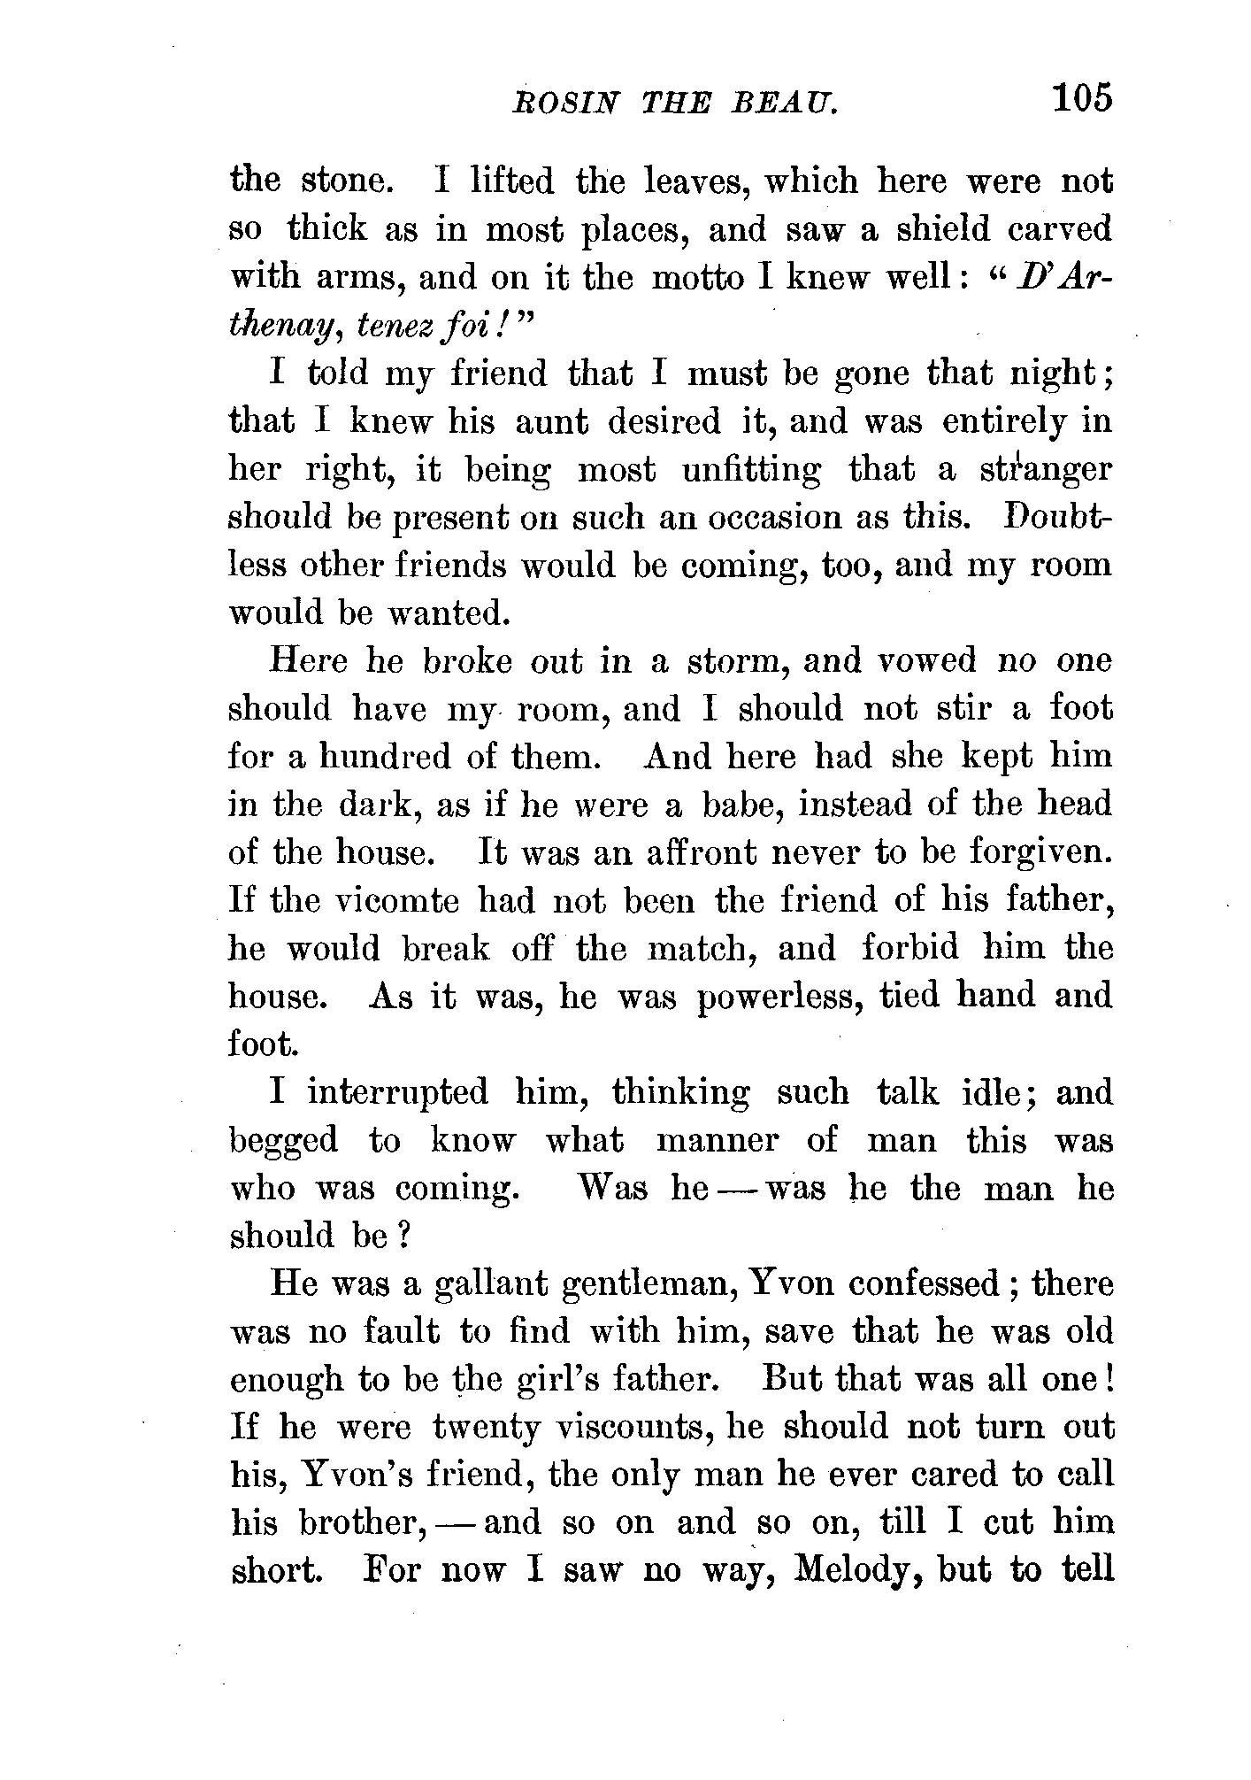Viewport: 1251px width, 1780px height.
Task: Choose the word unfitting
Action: point(751,470)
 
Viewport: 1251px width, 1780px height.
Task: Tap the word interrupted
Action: point(397,1092)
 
